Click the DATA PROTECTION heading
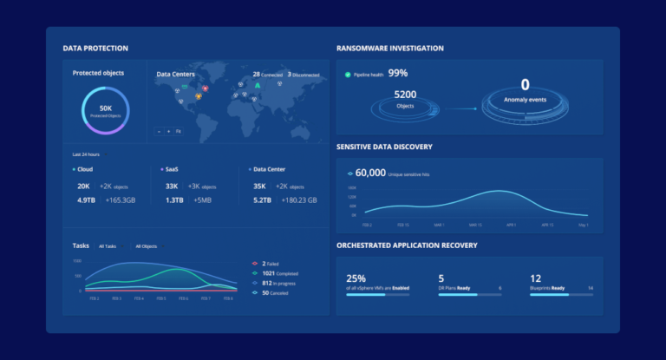(95, 49)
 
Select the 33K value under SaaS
(172, 186)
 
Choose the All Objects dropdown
(147, 246)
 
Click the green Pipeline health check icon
(348, 75)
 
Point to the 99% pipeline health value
(398, 74)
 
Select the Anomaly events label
(525, 99)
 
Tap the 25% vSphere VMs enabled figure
(356, 278)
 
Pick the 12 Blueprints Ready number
(535, 278)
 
